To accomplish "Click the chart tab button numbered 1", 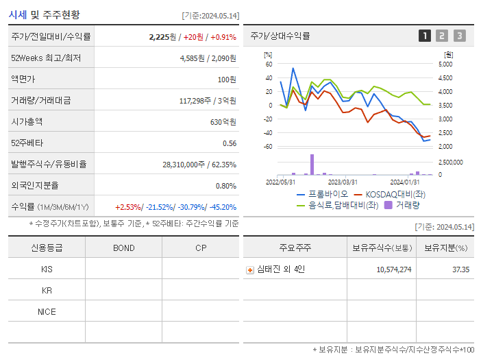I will click(425, 36).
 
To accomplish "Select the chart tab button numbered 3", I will click(459, 36).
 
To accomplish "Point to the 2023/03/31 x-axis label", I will click(343, 182).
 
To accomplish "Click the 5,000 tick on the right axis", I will click(445, 64).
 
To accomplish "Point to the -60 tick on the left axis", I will click(269, 147).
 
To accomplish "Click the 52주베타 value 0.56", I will click(229, 143).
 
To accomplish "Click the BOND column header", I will click(123, 248).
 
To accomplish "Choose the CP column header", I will click(200, 248).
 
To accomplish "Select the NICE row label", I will click(47, 311).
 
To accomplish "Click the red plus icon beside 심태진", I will click(250, 269).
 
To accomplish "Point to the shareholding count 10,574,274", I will click(393, 269).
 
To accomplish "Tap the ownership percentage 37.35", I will click(460, 269).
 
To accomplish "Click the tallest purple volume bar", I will click(312, 164).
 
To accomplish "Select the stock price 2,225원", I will click(163, 36).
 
